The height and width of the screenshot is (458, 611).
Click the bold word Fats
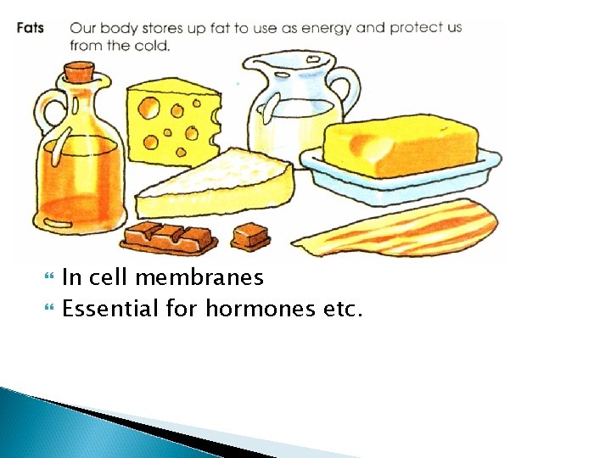point(30,28)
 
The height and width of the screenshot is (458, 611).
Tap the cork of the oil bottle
point(81,68)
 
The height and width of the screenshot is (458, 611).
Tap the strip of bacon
point(399,229)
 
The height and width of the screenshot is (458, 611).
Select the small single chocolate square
point(251,235)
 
